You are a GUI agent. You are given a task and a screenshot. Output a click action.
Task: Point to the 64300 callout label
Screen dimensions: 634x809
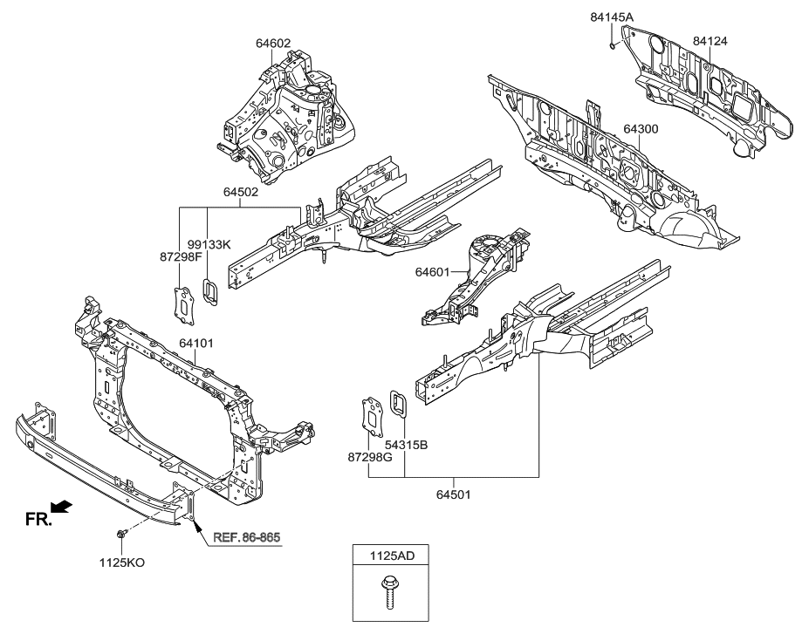(x=641, y=129)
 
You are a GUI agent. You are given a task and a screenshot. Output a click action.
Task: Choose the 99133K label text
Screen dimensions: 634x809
(x=210, y=245)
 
